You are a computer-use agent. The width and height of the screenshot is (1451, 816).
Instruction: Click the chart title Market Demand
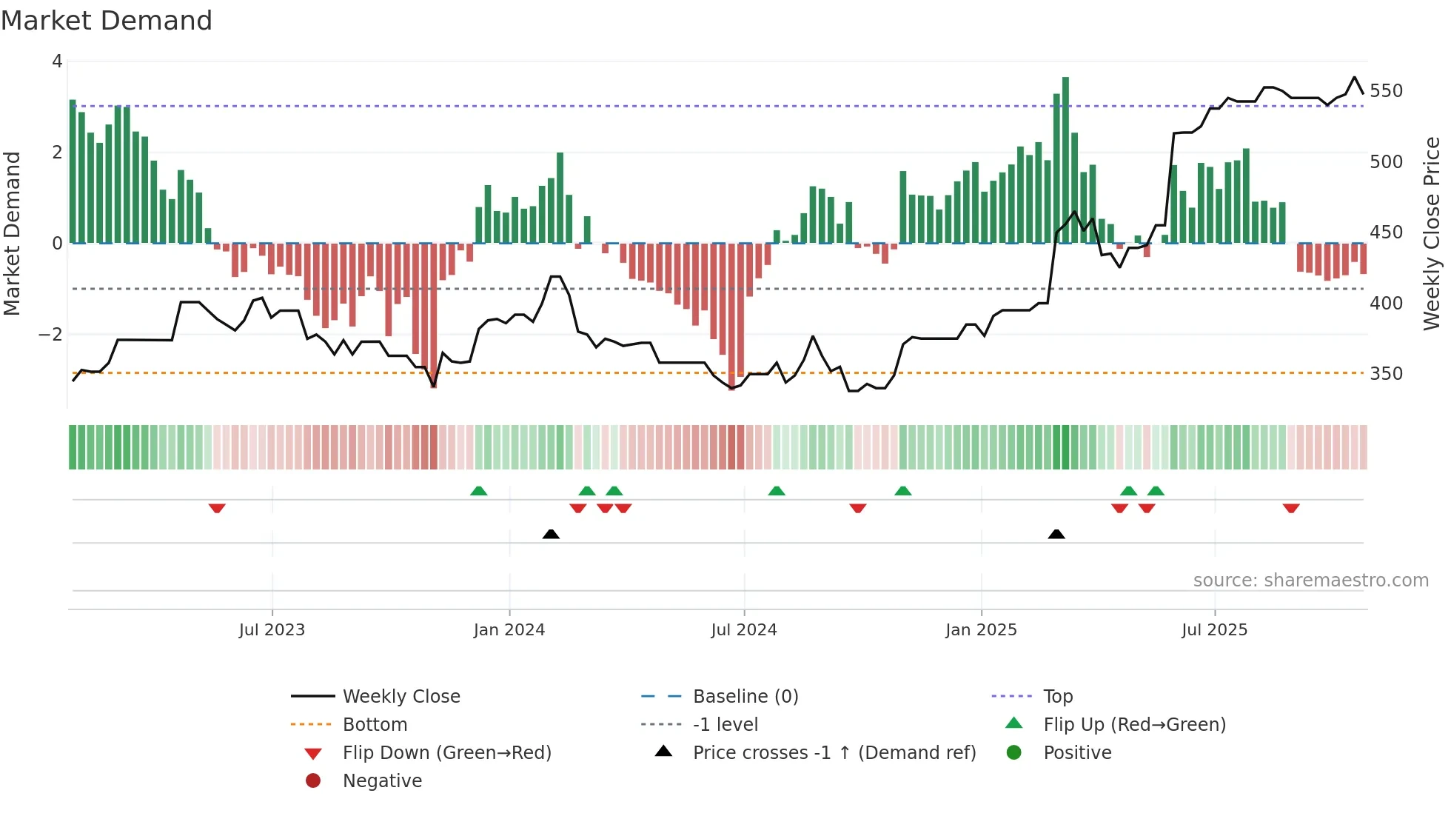click(x=107, y=21)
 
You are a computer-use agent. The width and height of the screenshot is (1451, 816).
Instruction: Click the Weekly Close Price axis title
click(x=1432, y=233)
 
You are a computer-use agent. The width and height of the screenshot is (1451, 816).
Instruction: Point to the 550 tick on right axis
click(x=1386, y=91)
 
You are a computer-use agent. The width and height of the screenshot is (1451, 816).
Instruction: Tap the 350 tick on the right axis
click(x=1386, y=374)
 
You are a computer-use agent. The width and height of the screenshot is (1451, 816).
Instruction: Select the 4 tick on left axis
click(x=57, y=61)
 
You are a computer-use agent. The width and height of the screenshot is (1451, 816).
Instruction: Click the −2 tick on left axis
click(x=50, y=335)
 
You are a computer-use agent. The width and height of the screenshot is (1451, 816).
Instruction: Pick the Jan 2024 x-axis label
click(x=509, y=630)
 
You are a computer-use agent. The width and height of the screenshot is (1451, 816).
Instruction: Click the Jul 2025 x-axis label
click(x=1214, y=630)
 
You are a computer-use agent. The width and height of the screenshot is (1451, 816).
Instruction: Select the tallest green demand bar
click(x=1065, y=159)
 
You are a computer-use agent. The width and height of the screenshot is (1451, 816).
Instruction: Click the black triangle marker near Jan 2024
click(x=551, y=534)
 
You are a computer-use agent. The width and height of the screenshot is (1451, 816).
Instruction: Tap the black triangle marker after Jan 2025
click(x=1056, y=534)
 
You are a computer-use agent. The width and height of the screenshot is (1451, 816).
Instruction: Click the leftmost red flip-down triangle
click(x=217, y=508)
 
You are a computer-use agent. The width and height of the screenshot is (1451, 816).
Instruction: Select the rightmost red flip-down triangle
click(x=1291, y=508)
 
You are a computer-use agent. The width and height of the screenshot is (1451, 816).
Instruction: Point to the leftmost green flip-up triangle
click(x=479, y=491)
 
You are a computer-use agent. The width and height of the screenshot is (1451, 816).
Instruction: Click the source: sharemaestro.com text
click(x=1310, y=581)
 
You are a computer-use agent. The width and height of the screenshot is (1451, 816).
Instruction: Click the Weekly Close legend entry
click(x=401, y=697)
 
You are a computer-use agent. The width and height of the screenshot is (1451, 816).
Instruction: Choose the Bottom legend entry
click(x=375, y=725)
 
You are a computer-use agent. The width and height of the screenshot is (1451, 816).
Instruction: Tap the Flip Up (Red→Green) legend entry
click(x=1134, y=725)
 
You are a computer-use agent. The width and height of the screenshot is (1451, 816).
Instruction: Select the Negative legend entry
click(x=382, y=781)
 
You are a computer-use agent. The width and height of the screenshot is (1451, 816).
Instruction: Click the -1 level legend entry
click(x=725, y=725)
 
